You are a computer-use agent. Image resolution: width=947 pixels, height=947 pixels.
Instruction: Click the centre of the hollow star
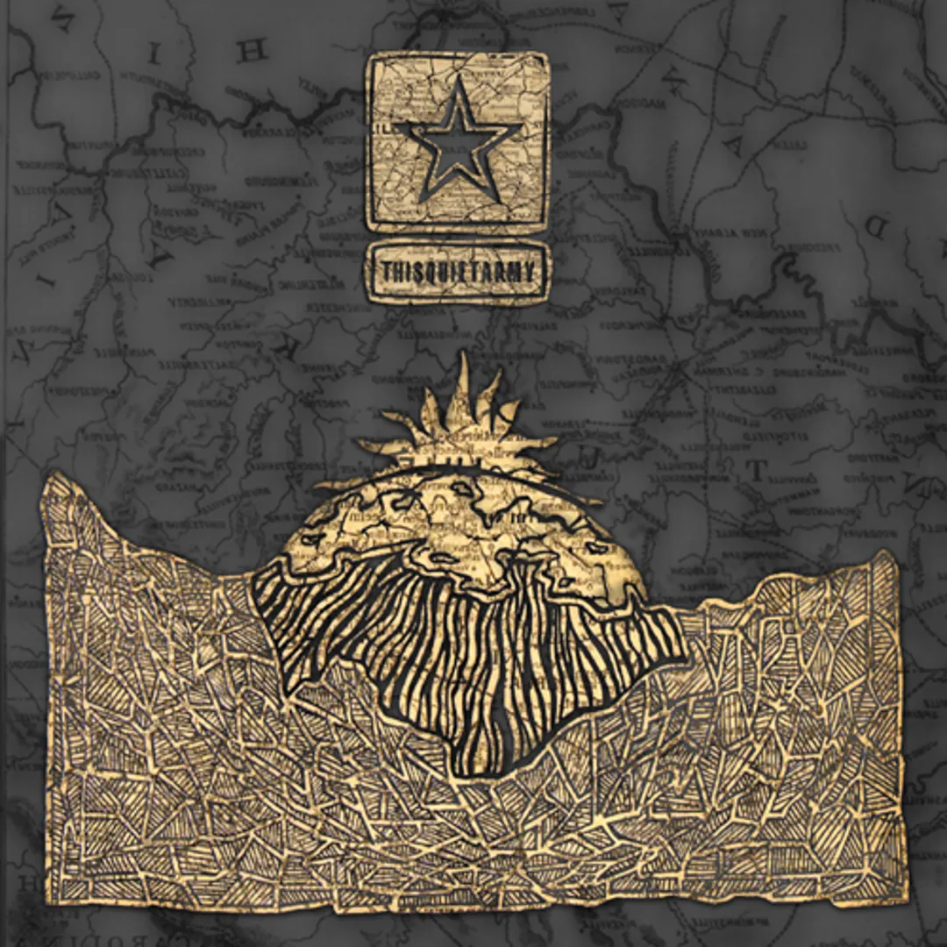click(x=457, y=141)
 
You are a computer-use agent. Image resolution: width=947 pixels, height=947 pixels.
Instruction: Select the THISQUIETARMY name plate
click(x=457, y=274)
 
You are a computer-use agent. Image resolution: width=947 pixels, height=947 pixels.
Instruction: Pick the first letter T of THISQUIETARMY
click(x=386, y=274)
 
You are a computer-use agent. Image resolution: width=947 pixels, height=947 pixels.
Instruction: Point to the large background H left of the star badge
click(x=253, y=50)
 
